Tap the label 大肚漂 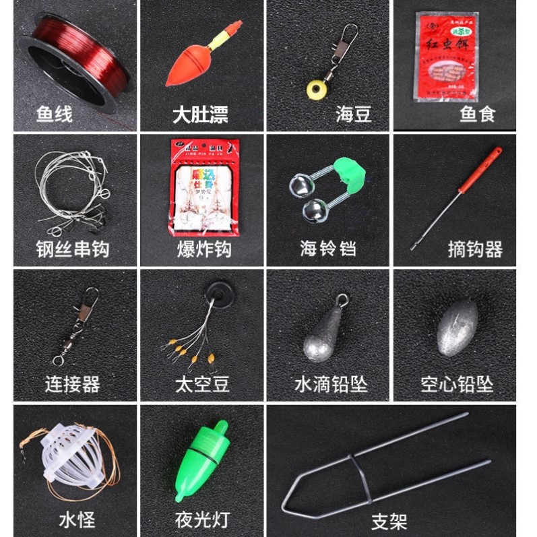[200, 114]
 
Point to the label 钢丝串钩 [73, 249]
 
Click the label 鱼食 [478, 114]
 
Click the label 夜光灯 [201, 519]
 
